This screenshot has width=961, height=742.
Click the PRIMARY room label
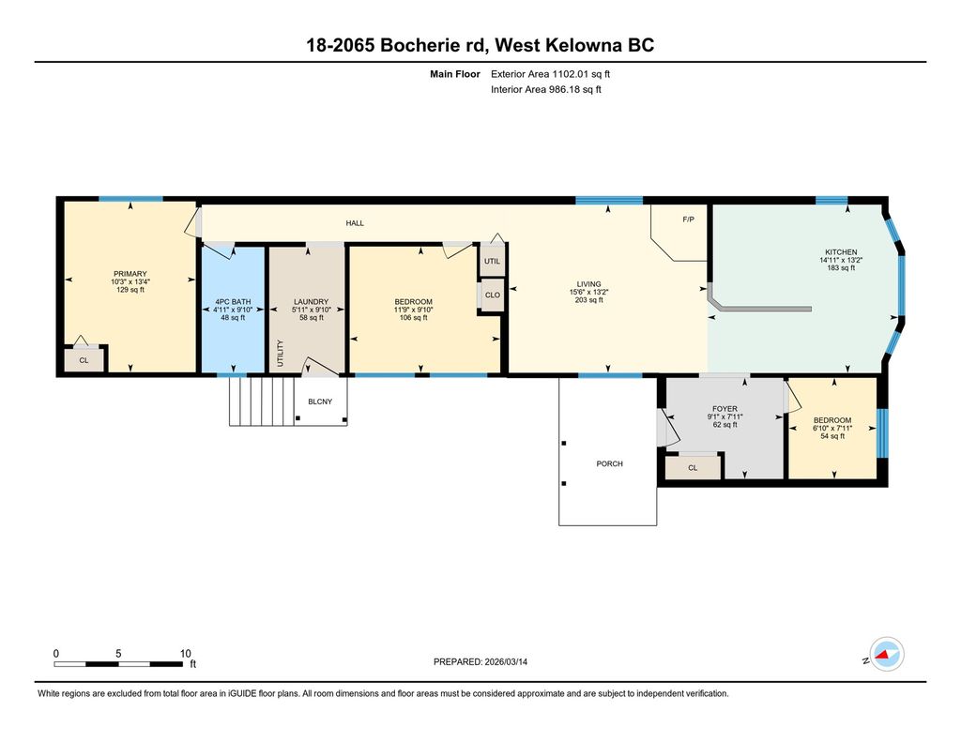click(130, 273)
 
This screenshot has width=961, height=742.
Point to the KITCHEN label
click(841, 252)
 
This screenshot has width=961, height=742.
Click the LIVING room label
click(588, 284)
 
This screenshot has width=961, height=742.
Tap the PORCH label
click(609, 463)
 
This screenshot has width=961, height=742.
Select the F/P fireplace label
click(688, 220)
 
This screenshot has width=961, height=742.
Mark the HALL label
click(355, 223)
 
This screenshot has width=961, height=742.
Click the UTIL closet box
click(492, 261)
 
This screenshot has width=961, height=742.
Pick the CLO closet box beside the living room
click(492, 295)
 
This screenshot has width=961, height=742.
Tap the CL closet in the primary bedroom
click(84, 359)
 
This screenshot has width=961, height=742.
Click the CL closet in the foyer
click(693, 467)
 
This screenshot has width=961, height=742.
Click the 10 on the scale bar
click(185, 653)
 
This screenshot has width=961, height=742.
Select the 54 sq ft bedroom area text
click(832, 436)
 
